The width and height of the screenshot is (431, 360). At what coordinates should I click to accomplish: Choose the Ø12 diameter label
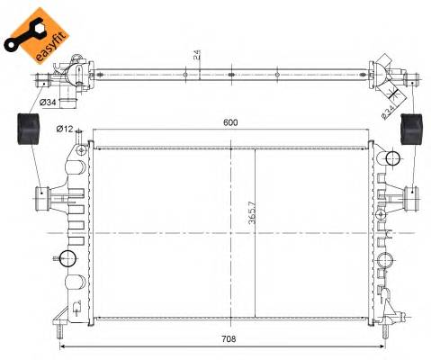click(x=63, y=129)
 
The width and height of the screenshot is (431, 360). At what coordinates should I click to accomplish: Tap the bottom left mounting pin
click(x=59, y=317)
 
